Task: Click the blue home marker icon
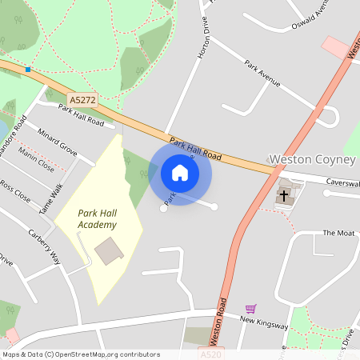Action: coord(180,172)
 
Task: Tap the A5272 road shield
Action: coord(82,100)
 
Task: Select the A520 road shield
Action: coord(210,354)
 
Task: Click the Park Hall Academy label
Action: coord(98,218)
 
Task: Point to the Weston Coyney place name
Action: coord(311,160)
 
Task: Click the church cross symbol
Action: coord(284,194)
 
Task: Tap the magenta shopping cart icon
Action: coord(251,309)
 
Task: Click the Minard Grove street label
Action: coord(58,143)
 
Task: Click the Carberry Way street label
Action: coord(45,246)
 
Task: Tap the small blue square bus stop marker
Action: coord(28,70)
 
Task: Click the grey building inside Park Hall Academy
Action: coord(110,251)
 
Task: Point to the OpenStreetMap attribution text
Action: coord(80,354)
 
